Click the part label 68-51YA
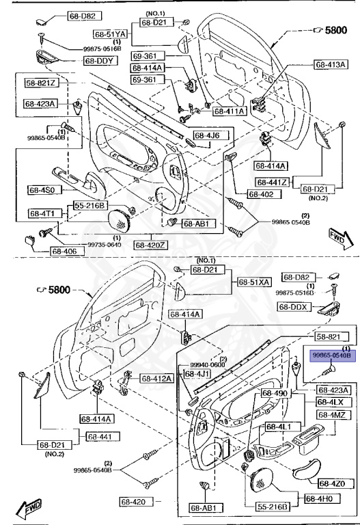[110, 33]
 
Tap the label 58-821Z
[42, 83]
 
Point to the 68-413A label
[332, 65]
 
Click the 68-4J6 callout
[206, 135]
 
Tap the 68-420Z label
[152, 244]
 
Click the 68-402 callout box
[261, 194]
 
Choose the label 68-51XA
[254, 282]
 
